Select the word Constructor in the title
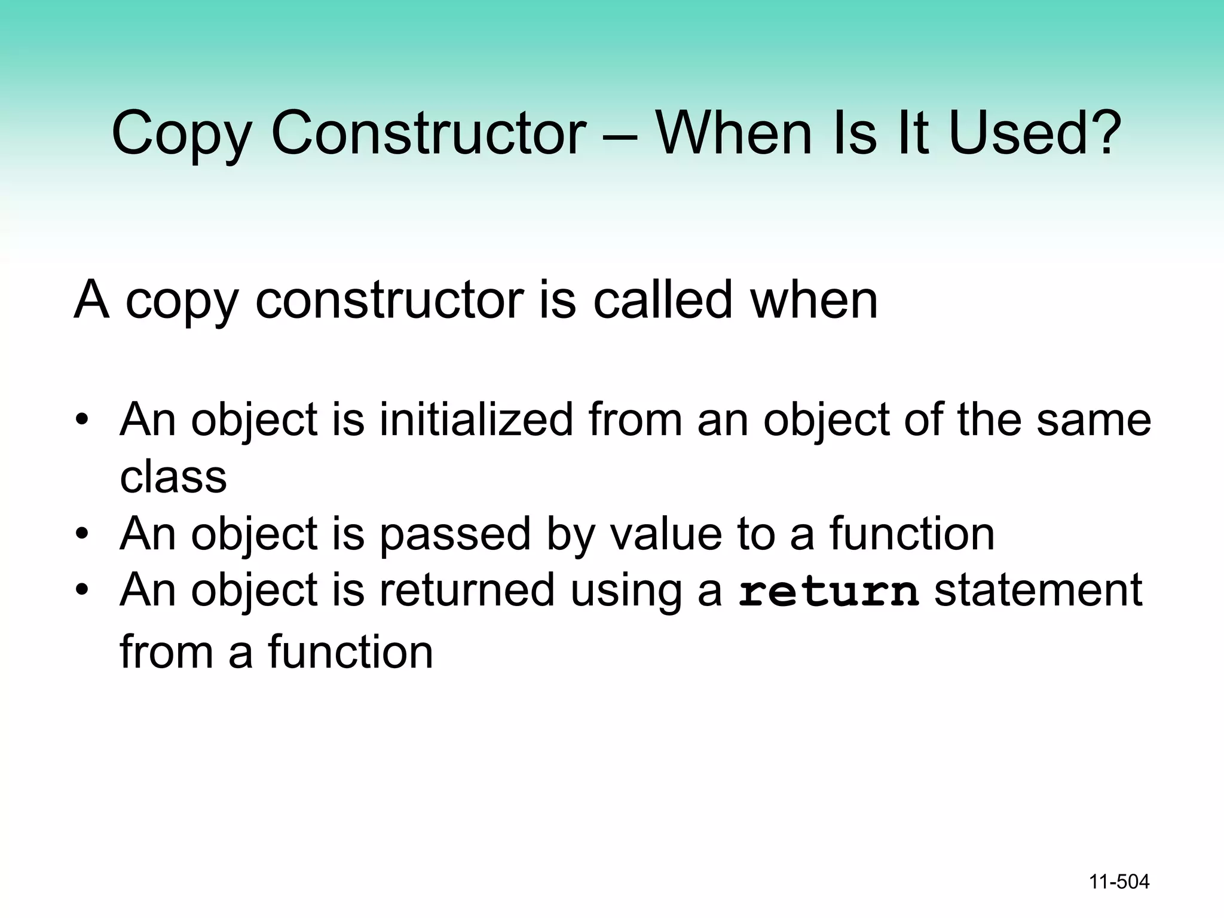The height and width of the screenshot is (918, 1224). (x=429, y=133)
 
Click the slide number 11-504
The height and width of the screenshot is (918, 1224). (x=1119, y=882)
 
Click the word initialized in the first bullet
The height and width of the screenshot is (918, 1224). (x=476, y=420)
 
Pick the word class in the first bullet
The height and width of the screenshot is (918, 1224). (x=173, y=477)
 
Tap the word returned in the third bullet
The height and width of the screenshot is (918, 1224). (x=467, y=590)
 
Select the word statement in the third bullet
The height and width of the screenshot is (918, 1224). (x=1038, y=590)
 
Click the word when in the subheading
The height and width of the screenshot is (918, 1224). (x=814, y=300)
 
